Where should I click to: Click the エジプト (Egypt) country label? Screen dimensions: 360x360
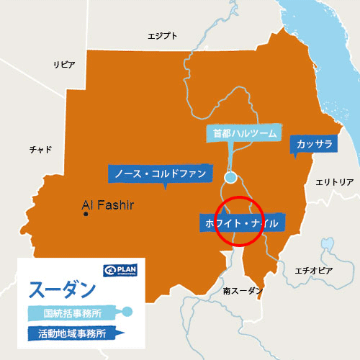click(162, 36)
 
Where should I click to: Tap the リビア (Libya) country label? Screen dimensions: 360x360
click(64, 65)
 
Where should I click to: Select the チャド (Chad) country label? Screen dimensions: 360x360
click(40, 149)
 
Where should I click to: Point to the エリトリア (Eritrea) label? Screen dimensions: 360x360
click(335, 182)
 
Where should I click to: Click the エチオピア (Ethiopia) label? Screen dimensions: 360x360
click(314, 270)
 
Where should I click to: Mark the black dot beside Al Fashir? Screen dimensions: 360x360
click(86, 213)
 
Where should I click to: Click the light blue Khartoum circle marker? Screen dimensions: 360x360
click(230, 177)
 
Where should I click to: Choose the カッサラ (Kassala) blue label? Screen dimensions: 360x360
click(314, 145)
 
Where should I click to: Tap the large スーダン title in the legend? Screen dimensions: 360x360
click(62, 289)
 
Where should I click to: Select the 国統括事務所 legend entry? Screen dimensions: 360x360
click(71, 312)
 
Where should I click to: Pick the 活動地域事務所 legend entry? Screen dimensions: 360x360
click(71, 333)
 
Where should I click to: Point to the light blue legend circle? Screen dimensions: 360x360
click(127, 312)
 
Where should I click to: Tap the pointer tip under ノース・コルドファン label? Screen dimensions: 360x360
click(166, 188)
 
